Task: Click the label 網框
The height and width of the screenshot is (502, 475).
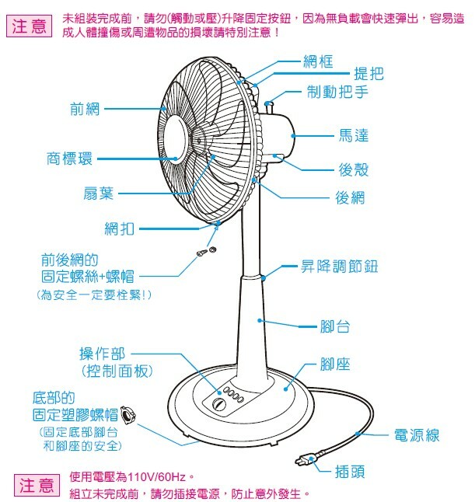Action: coord(318,60)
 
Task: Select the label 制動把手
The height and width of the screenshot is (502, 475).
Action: coord(338,92)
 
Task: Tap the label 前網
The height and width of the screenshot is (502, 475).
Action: coord(85,109)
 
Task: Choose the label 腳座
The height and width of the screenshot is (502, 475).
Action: coord(335,363)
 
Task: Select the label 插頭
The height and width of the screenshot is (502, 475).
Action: coord(349,470)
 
